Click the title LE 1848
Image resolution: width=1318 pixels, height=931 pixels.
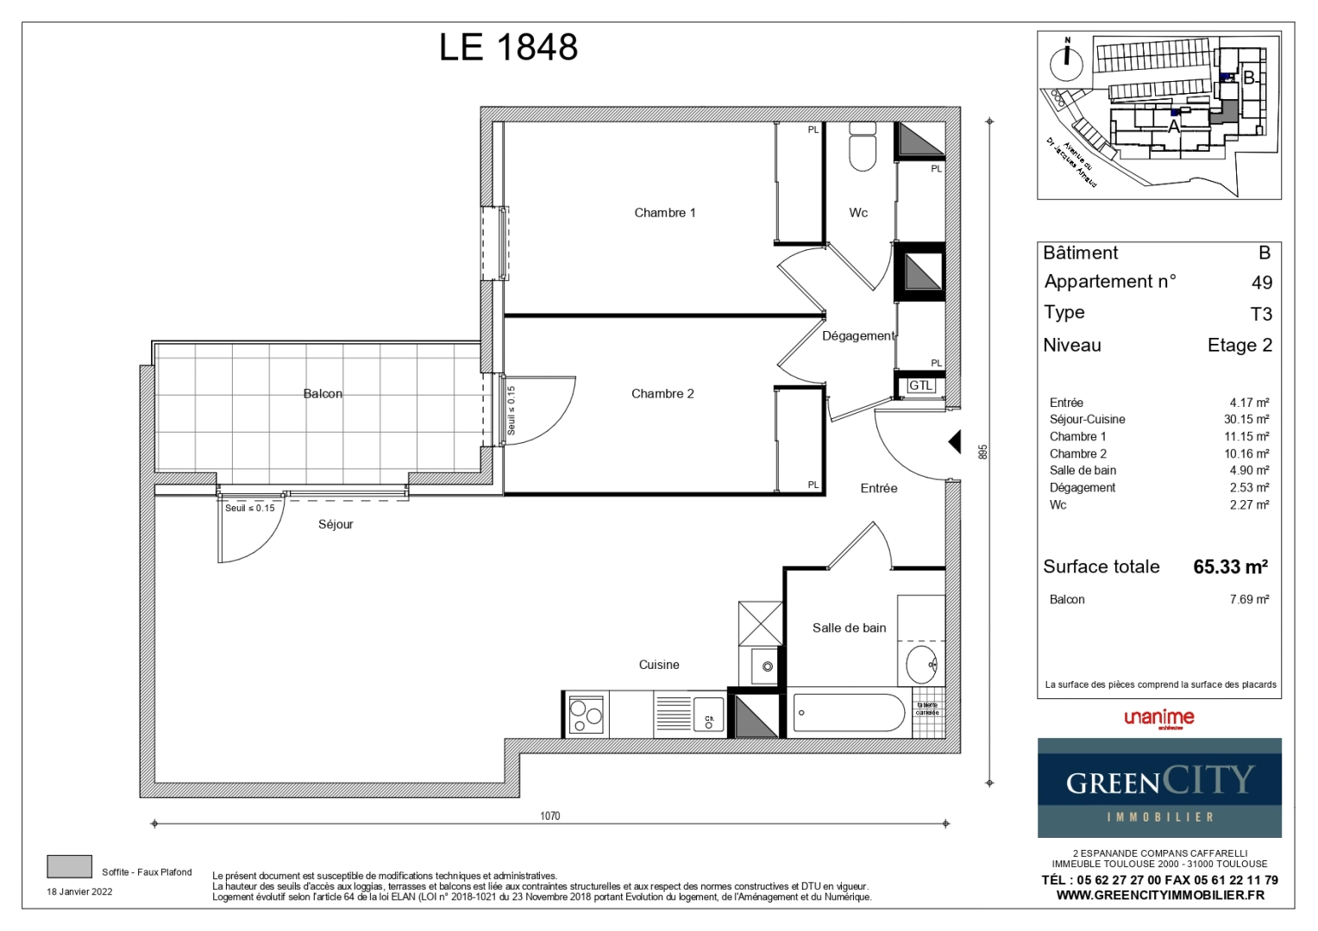(508, 47)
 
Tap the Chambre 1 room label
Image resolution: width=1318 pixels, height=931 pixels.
(664, 213)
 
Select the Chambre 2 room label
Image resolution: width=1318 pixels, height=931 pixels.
(662, 394)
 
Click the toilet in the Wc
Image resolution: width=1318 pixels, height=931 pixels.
(863, 147)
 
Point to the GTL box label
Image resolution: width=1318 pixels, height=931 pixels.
(920, 385)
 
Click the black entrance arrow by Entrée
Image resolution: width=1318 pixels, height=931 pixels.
(955, 442)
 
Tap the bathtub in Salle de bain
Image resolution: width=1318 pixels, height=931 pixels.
(849, 713)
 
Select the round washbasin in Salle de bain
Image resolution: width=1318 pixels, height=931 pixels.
(921, 664)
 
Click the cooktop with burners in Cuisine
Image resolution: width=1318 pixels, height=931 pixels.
(586, 715)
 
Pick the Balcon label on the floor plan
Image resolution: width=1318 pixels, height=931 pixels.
(323, 394)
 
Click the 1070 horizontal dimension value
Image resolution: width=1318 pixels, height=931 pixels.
(549, 815)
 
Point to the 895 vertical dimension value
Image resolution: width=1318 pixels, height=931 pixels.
(982, 452)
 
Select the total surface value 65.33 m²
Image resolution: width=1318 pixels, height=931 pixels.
(1230, 567)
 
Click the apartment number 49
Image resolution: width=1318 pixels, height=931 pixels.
(1261, 283)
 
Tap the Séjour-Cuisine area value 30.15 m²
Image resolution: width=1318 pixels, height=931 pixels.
(1246, 420)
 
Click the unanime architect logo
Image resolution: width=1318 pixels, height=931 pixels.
(1159, 718)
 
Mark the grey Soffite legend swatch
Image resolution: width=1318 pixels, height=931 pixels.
(69, 866)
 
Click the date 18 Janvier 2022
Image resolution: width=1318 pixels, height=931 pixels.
(79, 891)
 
